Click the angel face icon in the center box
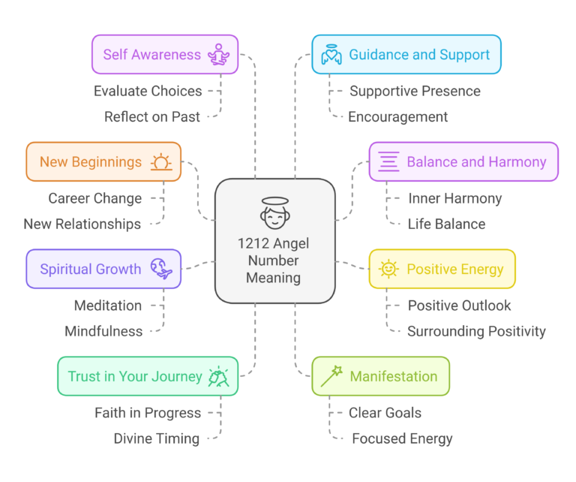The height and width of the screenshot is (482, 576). point(275,212)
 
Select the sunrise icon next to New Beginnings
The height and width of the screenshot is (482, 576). point(161,162)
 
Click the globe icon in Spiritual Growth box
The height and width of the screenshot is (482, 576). point(161,269)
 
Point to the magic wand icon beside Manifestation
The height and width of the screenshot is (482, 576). point(331,375)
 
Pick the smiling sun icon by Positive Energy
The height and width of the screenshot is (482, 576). point(388,269)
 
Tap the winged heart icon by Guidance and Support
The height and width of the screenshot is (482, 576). point(331,55)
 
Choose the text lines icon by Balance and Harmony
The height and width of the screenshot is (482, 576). point(388,161)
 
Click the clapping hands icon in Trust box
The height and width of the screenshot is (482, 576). point(219,376)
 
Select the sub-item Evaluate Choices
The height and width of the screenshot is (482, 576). point(148,91)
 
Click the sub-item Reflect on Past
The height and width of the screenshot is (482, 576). point(152,116)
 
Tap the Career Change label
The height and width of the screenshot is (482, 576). point(95,198)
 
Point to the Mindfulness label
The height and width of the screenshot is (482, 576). point(103,331)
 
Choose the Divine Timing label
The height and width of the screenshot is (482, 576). point(157,438)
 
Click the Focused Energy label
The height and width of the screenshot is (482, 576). point(403,438)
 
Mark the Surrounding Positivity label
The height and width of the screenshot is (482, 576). point(476,331)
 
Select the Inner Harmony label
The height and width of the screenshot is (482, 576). point(454,198)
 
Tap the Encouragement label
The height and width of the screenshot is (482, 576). point(398,116)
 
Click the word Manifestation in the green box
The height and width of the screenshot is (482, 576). point(394,376)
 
